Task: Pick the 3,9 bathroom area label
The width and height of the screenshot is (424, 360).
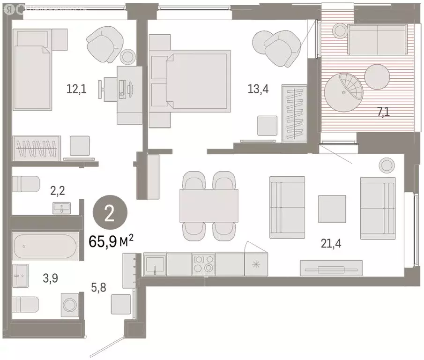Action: click(51, 278)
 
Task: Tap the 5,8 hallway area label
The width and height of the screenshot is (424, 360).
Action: click(99, 287)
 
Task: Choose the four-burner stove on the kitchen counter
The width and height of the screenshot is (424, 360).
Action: click(203, 264)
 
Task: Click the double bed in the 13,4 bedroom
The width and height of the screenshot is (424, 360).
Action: click(197, 81)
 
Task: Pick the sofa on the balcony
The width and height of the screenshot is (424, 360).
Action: click(377, 40)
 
